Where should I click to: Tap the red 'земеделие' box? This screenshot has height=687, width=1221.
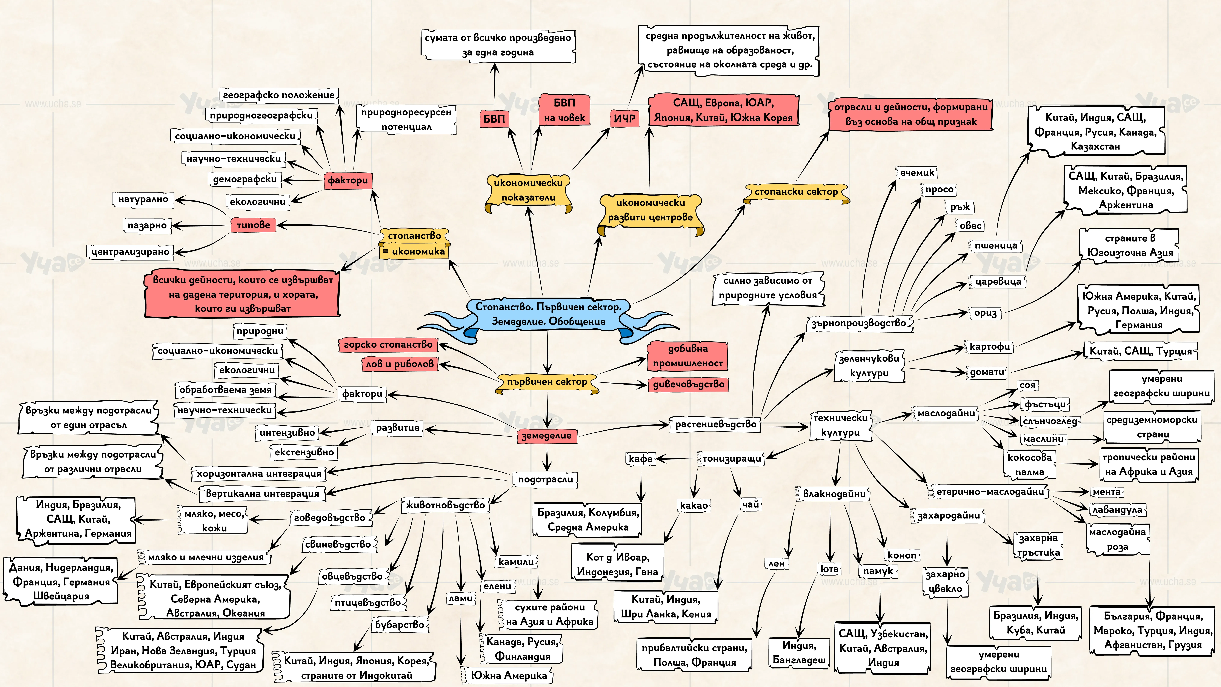[546, 435]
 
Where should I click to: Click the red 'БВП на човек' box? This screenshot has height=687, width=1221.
[564, 110]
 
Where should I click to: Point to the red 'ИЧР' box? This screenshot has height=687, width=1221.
[624, 119]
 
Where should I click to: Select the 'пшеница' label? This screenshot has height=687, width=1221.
[995, 246]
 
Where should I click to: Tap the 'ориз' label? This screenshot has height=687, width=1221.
[985, 313]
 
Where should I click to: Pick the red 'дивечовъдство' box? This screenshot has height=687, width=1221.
[688, 384]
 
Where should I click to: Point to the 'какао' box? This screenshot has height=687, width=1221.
[694, 505]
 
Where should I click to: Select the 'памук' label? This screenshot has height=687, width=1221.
[878, 571]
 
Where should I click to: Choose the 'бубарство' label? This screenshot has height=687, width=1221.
[400, 625]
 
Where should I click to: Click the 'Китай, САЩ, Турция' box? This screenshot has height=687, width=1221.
[1140, 351]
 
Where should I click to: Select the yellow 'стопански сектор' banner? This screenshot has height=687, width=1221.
[796, 192]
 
